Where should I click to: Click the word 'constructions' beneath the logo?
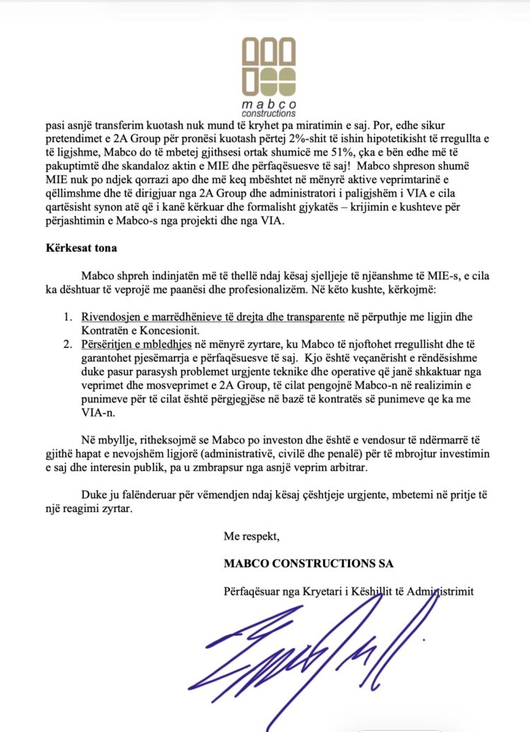pyautogui.click(x=269, y=113)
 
